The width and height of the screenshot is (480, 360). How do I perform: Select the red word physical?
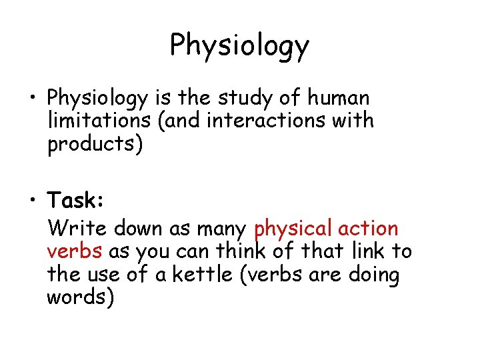tap(293, 229)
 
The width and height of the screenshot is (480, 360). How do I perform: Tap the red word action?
tap(368, 229)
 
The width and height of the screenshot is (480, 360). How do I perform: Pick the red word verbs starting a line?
tap(75, 252)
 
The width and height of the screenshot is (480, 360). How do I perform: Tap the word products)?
tap(95, 145)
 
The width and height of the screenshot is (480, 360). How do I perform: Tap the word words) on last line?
tap(80, 297)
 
